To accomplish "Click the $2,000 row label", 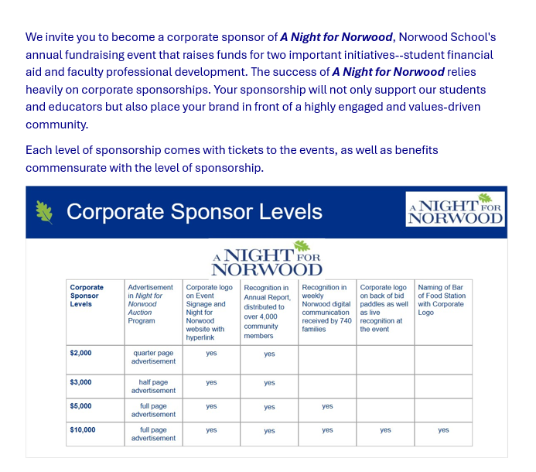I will [x=80, y=353].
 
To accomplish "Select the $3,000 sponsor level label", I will [x=80, y=382].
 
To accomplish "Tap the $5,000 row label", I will [x=80, y=406].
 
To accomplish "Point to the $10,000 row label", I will [x=82, y=430].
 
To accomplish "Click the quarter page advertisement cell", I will [x=153, y=357].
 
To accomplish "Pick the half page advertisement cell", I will [x=153, y=386].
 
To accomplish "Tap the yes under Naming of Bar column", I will [x=443, y=430].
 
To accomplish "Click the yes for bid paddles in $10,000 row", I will [x=385, y=430].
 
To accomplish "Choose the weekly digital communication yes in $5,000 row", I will [x=327, y=406].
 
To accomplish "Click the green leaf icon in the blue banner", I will [x=45, y=211].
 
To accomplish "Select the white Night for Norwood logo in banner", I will [x=456, y=209].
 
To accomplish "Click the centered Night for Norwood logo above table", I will [x=267, y=259].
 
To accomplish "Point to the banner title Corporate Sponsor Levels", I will [x=194, y=212].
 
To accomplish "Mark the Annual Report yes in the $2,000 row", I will [x=269, y=354].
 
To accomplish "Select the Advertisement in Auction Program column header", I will [x=152, y=304].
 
